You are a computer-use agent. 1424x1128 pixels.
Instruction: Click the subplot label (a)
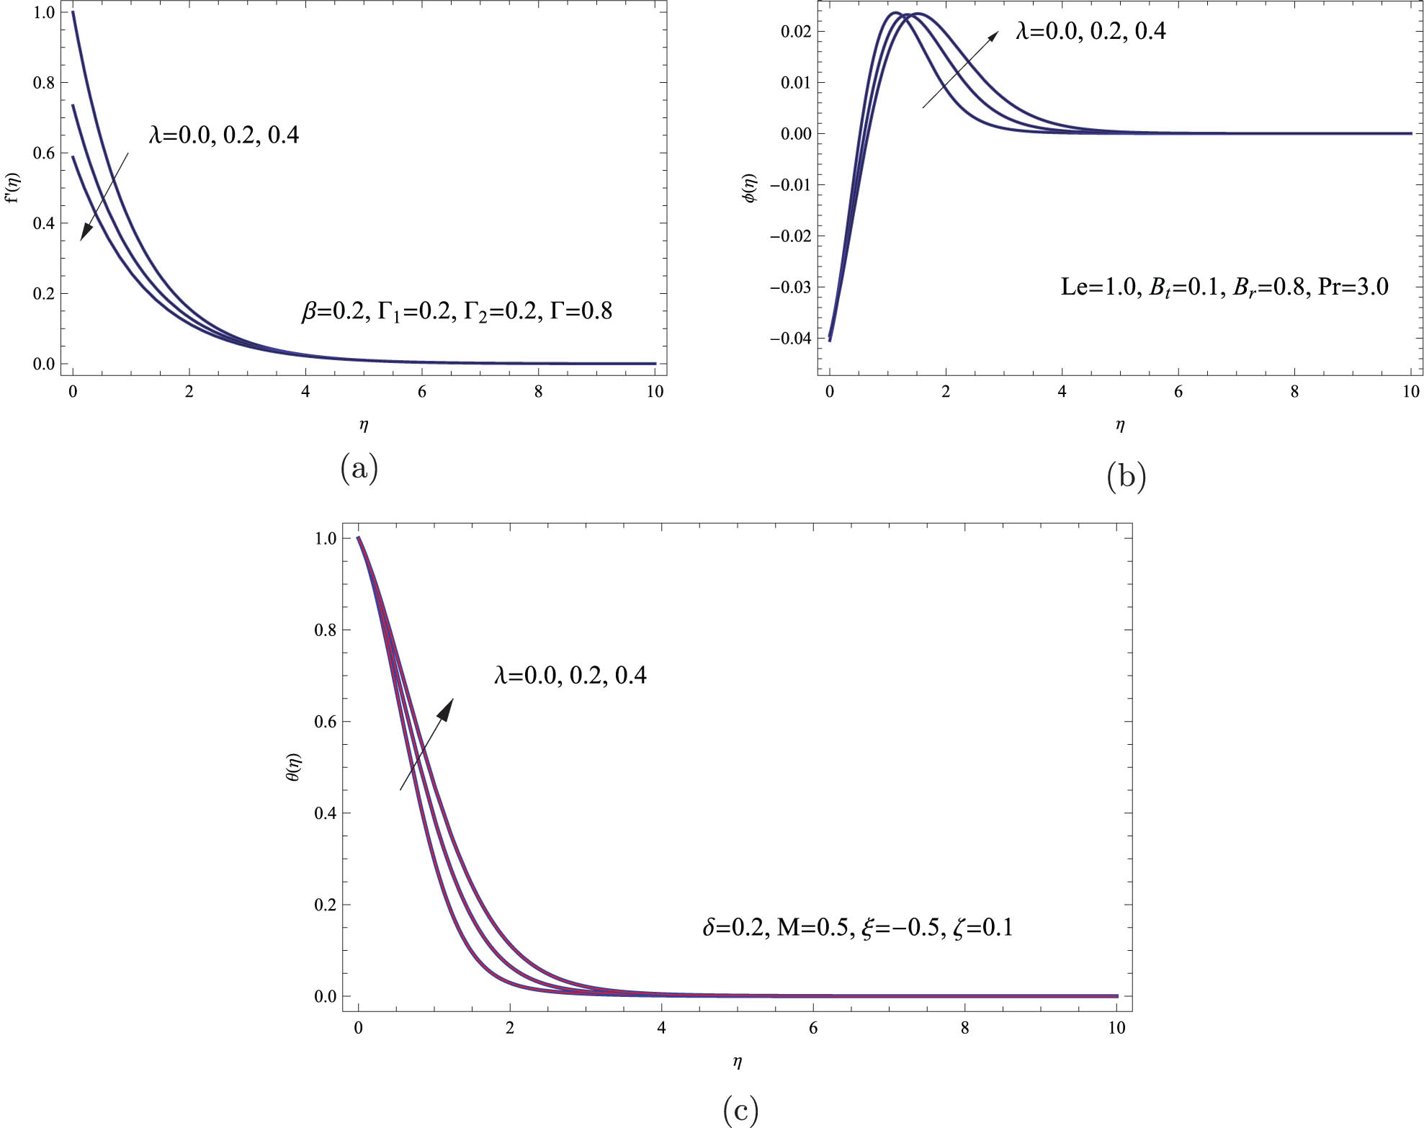point(359,470)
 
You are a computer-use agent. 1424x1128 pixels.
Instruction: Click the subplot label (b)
point(1126,477)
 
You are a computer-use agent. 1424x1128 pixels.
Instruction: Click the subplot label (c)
point(740,1111)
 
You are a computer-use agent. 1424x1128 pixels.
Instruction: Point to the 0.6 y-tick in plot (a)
point(45,153)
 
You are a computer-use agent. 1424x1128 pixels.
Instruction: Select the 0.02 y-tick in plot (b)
point(796,31)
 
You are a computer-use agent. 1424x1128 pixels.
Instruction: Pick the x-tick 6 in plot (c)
point(813,1029)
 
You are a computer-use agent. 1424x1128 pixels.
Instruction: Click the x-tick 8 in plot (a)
point(538,393)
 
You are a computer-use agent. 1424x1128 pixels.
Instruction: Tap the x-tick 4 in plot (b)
point(1062,393)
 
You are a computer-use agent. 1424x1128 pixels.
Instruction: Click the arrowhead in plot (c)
point(447,708)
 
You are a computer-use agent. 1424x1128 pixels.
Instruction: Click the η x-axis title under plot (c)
point(737,1061)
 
